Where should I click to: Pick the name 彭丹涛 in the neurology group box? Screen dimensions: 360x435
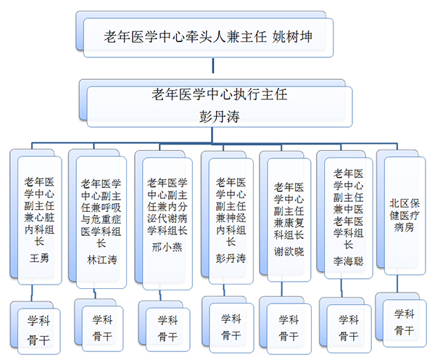231,258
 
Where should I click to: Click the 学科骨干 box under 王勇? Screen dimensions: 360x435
38,327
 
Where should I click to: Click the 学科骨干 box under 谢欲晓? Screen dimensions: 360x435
288,327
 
